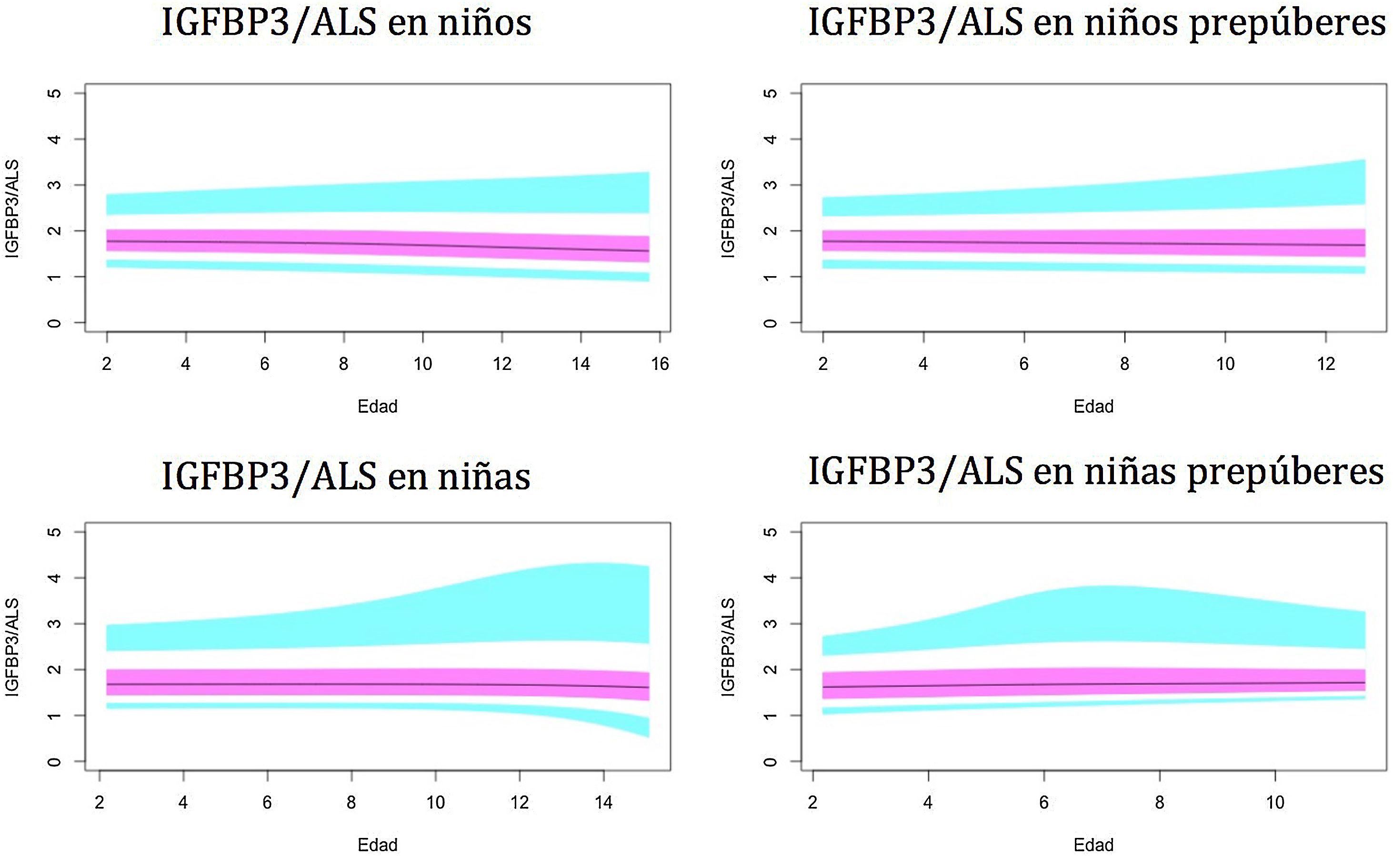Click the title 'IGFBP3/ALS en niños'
coord(347,24)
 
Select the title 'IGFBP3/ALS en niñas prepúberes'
coord(1096,472)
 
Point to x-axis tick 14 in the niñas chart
coord(604,803)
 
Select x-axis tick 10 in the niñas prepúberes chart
coord(1275,803)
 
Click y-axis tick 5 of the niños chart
coord(54,93)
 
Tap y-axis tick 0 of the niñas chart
coord(54,761)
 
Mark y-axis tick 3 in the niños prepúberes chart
coord(770,185)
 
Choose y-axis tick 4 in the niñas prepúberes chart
coord(770,578)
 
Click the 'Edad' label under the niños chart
coord(378,407)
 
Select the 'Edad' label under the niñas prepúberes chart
coord(1093,845)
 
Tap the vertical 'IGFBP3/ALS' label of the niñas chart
coord(12,647)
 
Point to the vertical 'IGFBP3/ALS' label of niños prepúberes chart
coord(728,209)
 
